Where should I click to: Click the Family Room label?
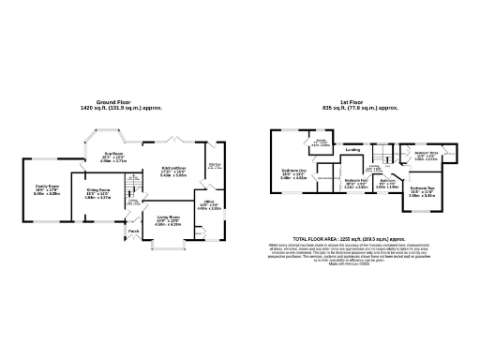click(x=47, y=186)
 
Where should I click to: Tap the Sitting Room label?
click(x=98, y=190)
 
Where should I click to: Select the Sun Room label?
click(x=112, y=154)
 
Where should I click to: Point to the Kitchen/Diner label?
click(x=173, y=169)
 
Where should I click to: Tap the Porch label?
click(x=134, y=231)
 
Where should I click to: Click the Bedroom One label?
click(x=294, y=172)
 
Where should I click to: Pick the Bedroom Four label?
click(x=355, y=180)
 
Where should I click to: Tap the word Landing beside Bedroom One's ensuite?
click(x=353, y=149)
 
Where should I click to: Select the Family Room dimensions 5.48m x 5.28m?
click(x=47, y=193)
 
